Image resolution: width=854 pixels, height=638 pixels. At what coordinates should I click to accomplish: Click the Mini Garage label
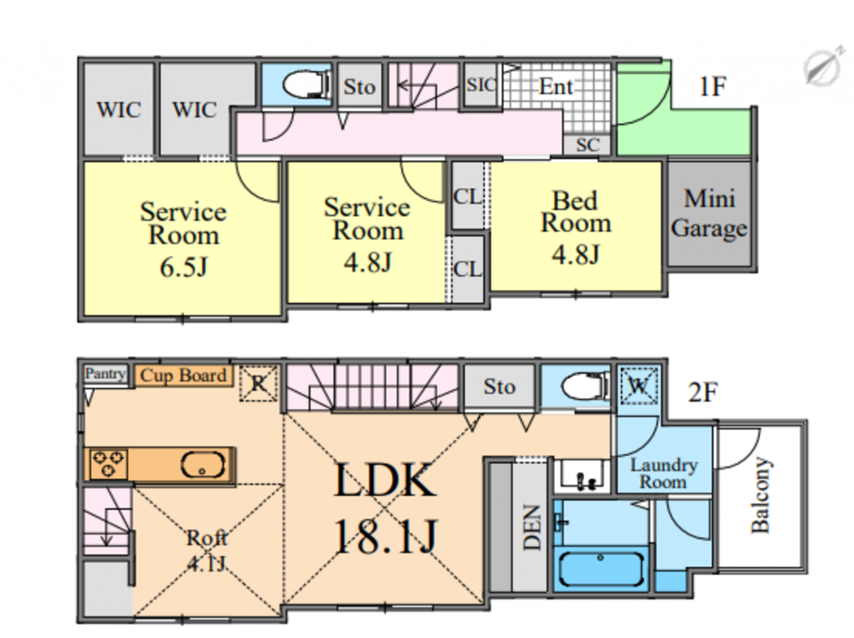pos(710,214)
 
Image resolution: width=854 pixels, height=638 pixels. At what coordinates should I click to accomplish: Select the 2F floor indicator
pos(704,393)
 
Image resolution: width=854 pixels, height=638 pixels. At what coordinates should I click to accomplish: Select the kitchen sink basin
pos(202,466)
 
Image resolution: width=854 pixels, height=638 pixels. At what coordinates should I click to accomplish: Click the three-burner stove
pos(107,464)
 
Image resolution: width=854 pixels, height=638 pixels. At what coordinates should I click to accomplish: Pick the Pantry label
pos(105,374)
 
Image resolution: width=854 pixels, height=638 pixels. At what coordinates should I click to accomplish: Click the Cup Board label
pos(184,375)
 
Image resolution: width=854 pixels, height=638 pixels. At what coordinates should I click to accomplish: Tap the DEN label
pos(531,529)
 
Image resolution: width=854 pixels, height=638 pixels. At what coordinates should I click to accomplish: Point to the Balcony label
pos(761,495)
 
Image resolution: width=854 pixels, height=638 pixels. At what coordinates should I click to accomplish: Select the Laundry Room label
pos(664,473)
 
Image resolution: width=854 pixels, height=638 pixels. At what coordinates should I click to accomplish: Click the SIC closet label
pos(482,85)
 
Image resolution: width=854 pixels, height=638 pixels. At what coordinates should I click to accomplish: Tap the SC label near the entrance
pos(588,145)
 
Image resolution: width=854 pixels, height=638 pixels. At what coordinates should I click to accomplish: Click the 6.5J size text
pos(183,267)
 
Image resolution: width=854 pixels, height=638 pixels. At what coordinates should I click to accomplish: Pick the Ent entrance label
pos(556,87)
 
